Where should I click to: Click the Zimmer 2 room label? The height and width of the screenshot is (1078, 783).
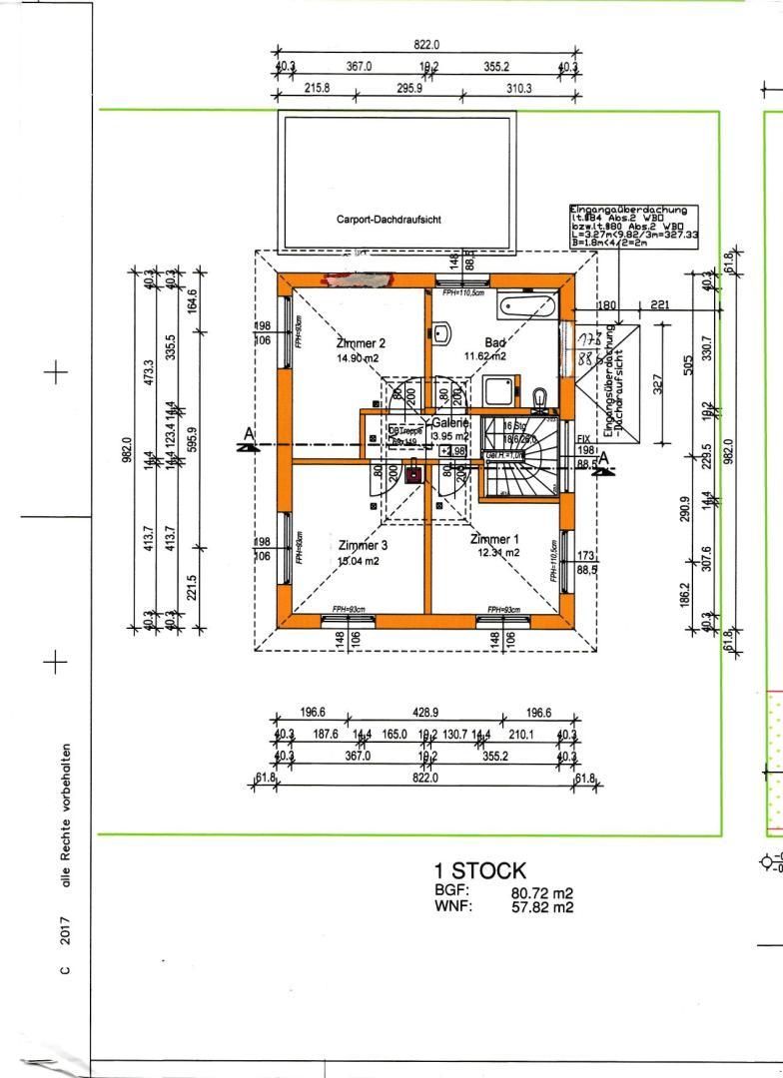(361, 342)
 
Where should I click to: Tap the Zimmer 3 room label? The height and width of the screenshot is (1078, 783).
(364, 546)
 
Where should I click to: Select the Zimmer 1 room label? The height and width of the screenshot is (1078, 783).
(495, 538)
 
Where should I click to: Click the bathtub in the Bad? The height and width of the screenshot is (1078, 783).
(527, 303)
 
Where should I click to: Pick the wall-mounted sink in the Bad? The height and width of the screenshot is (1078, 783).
(441, 331)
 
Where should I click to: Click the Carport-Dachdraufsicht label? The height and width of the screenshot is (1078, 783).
(390, 219)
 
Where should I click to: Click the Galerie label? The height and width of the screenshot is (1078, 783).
(450, 423)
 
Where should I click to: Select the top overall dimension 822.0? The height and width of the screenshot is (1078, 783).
(426, 45)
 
